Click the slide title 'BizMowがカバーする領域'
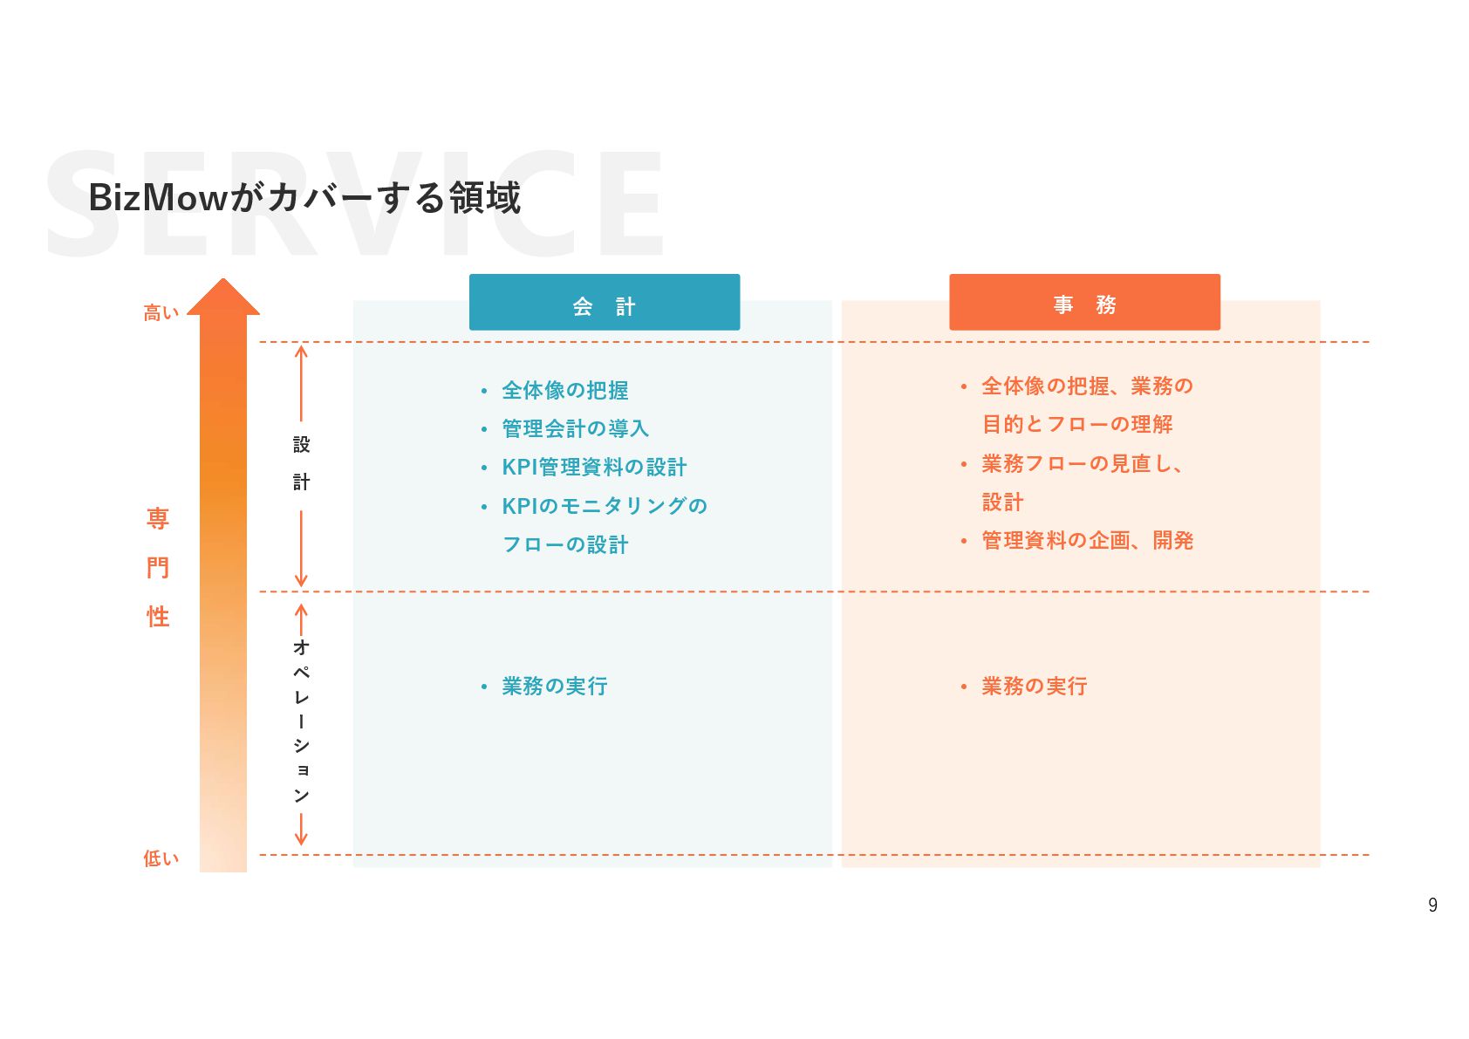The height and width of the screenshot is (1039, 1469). click(x=304, y=198)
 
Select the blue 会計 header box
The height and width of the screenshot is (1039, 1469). click(x=604, y=303)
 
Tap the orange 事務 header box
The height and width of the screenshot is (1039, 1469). click(x=1083, y=303)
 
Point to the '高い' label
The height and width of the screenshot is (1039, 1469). click(x=161, y=312)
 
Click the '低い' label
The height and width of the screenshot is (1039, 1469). click(x=161, y=858)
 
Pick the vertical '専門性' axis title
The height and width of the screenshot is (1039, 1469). click(x=158, y=567)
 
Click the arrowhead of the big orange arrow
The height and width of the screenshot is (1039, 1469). click(x=223, y=297)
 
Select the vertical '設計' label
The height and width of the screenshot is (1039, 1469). click(x=301, y=463)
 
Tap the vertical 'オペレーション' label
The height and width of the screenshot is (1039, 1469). click(x=301, y=721)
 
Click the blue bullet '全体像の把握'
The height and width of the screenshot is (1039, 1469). click(x=564, y=390)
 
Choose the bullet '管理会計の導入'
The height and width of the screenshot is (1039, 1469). click(x=575, y=428)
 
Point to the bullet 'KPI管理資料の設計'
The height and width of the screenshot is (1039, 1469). click(x=594, y=467)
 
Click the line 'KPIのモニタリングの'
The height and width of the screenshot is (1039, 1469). click(x=604, y=506)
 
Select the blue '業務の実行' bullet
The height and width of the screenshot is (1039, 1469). click(x=554, y=687)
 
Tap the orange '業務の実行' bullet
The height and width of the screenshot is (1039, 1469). click(x=1034, y=687)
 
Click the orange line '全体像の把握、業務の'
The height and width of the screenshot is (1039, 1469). click(x=1086, y=386)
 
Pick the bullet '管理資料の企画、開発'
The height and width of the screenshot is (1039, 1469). click(x=1087, y=541)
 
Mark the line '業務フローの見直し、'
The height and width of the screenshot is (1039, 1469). click(x=1082, y=463)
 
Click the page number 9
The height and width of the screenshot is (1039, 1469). click(x=1432, y=906)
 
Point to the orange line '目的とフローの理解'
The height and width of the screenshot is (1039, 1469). click(x=1077, y=424)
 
